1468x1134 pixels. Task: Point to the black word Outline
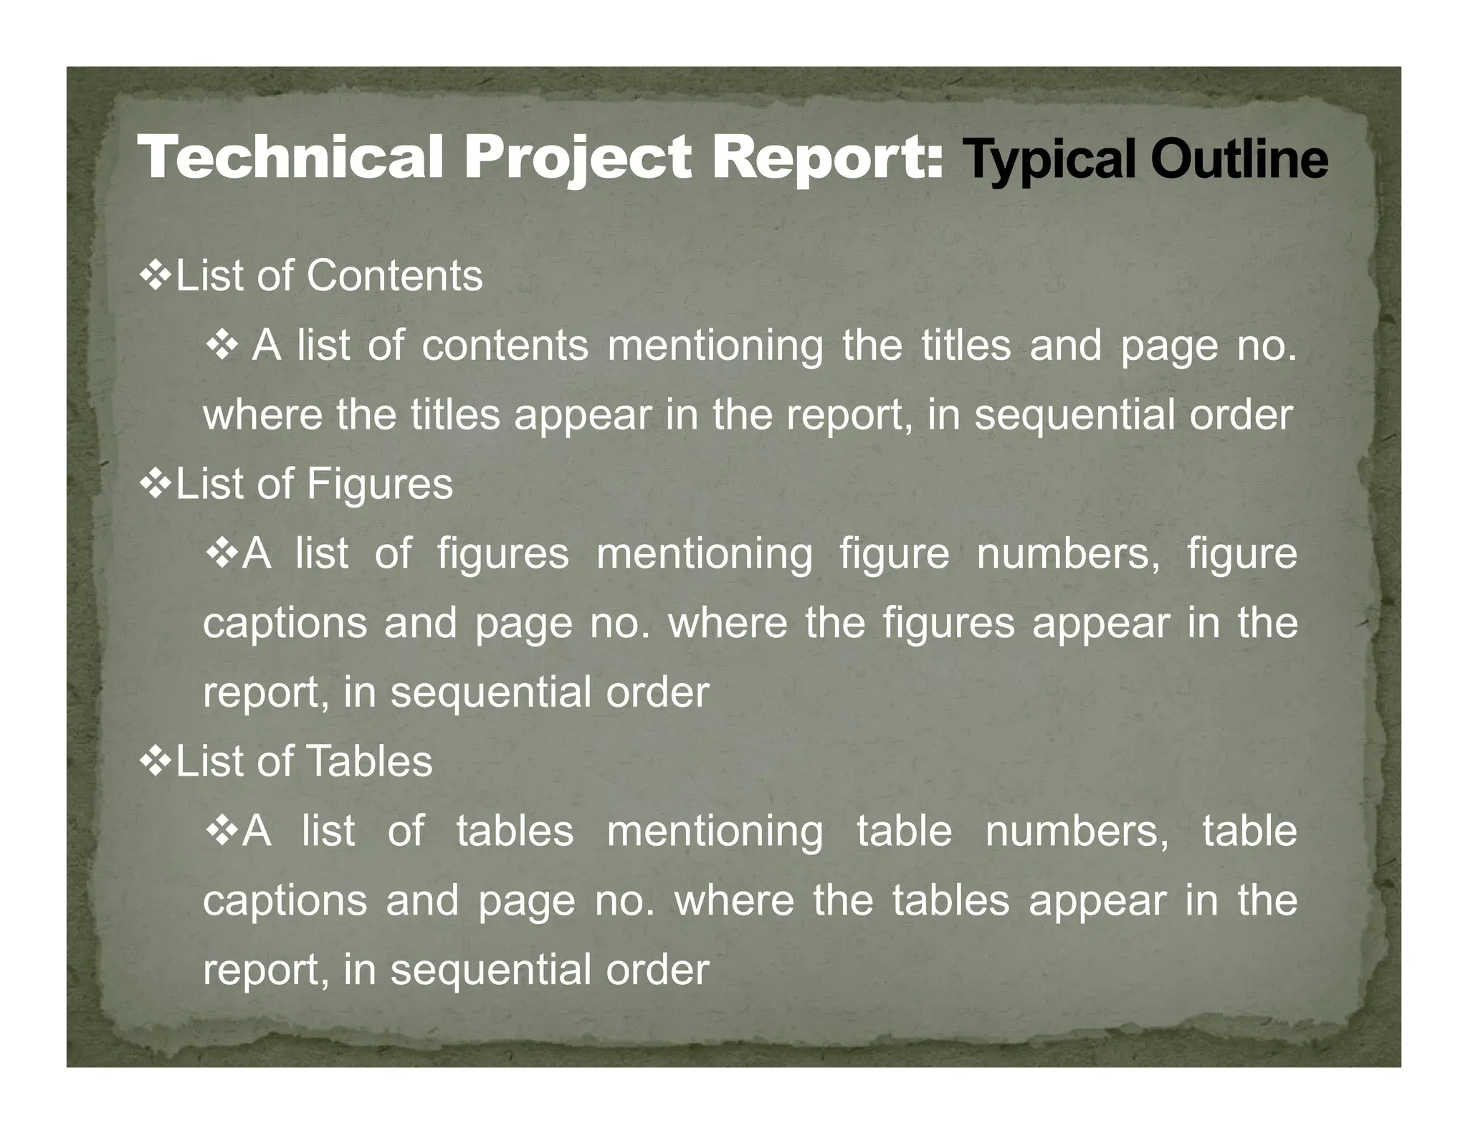(1239, 159)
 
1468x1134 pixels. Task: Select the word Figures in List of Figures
(380, 483)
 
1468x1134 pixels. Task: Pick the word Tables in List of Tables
(370, 761)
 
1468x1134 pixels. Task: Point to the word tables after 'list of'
(515, 830)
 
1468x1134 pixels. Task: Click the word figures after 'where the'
(948, 622)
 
